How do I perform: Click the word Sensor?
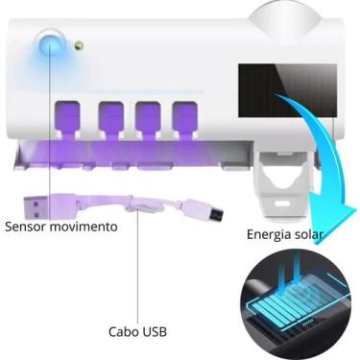tap(27, 228)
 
